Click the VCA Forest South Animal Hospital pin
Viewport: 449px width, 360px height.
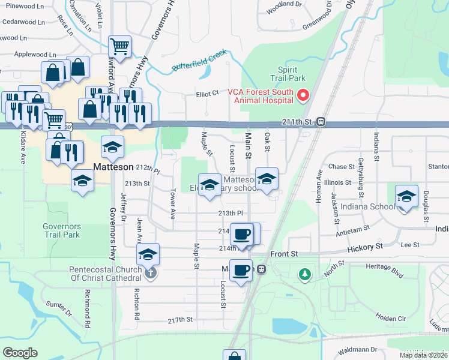(303, 95)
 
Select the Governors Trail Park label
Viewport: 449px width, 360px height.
(61, 231)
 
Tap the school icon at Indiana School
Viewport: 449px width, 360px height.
(406, 196)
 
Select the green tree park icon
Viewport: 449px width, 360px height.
(305, 274)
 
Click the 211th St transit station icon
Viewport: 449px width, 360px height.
(321, 122)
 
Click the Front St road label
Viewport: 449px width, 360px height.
(284, 254)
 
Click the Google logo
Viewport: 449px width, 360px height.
(20, 352)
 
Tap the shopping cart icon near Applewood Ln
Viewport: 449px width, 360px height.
(119, 46)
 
